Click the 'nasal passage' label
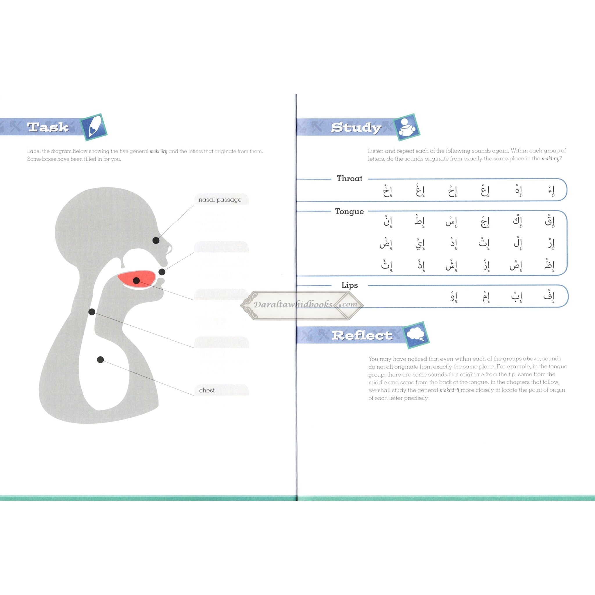click(220, 200)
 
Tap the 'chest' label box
click(221, 390)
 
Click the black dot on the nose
click(156, 240)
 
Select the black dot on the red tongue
click(136, 280)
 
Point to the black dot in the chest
click(101, 359)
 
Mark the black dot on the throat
click(92, 312)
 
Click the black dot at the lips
click(162, 272)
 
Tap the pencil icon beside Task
click(94, 127)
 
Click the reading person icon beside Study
click(406, 127)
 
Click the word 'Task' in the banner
click(48, 127)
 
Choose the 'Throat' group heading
click(350, 178)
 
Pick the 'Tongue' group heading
click(350, 212)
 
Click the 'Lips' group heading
click(350, 285)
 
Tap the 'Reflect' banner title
click(362, 335)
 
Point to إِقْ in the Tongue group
click(550, 221)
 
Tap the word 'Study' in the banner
click(356, 128)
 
